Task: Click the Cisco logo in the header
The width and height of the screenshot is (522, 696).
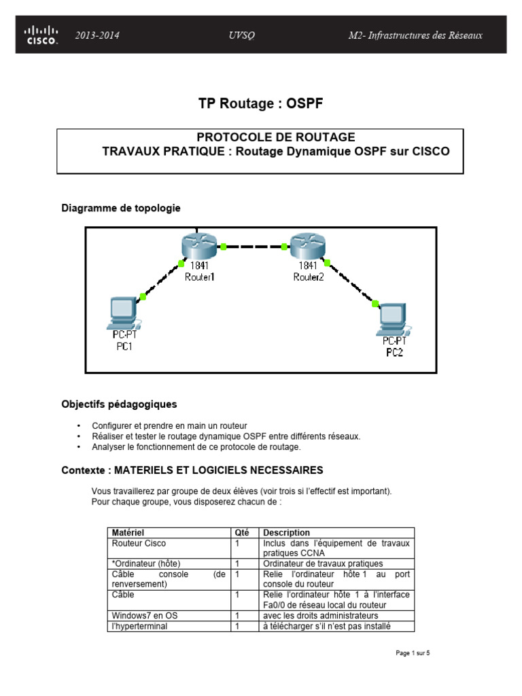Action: (x=41, y=35)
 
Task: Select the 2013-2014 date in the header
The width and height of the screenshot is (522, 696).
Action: (x=97, y=35)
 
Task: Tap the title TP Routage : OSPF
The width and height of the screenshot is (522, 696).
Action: (x=261, y=103)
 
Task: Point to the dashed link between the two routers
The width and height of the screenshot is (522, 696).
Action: (x=254, y=246)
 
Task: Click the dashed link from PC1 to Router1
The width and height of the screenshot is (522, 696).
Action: (x=161, y=279)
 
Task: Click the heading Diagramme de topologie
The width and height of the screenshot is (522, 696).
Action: (x=121, y=208)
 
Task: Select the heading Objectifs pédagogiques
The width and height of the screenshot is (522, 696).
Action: (x=119, y=404)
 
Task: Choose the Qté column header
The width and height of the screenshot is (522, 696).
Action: (x=242, y=533)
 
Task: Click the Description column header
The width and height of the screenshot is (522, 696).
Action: (x=286, y=533)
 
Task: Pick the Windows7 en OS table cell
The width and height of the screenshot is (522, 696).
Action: (x=145, y=616)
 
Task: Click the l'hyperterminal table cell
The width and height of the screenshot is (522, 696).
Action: (x=139, y=627)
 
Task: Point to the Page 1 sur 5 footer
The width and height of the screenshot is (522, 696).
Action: (x=413, y=654)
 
